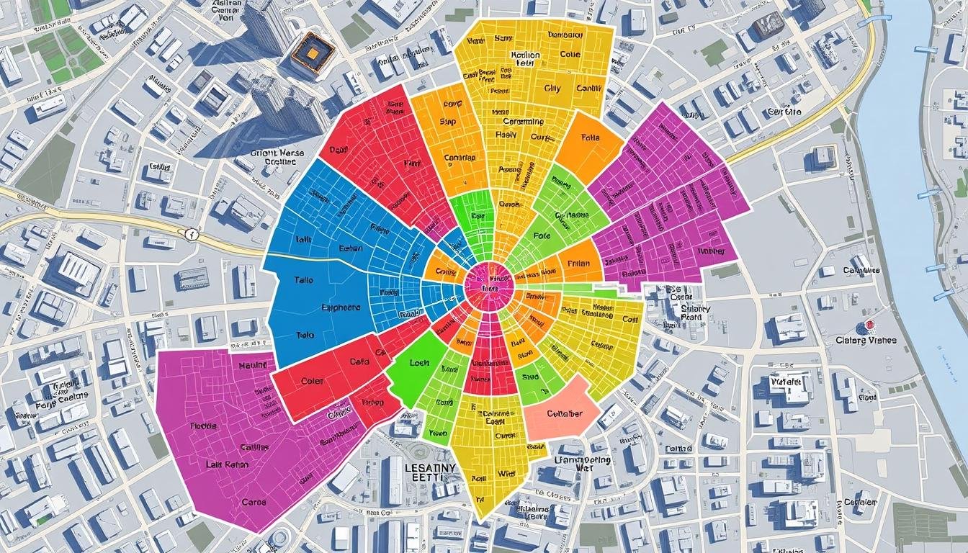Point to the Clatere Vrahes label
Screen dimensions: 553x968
pyautogui.click(x=866, y=340)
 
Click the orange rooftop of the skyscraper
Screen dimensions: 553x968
pyautogui.click(x=313, y=53)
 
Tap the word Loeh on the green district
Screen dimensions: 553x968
pyautogui.click(x=418, y=364)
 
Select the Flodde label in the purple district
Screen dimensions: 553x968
pyautogui.click(x=203, y=426)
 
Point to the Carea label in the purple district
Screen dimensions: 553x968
pyautogui.click(x=254, y=502)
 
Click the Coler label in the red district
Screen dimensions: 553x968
pyautogui.click(x=312, y=381)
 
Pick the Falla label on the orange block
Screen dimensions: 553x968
pyautogui.click(x=589, y=138)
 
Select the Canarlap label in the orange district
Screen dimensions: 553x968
pyautogui.click(x=460, y=157)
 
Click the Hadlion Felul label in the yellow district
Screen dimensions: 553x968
pyautogui.click(x=524, y=60)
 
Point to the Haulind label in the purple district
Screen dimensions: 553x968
pyautogui.click(x=252, y=366)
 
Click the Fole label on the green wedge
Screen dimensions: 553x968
pyautogui.click(x=542, y=235)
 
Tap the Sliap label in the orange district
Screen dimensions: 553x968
pyautogui.click(x=447, y=123)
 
